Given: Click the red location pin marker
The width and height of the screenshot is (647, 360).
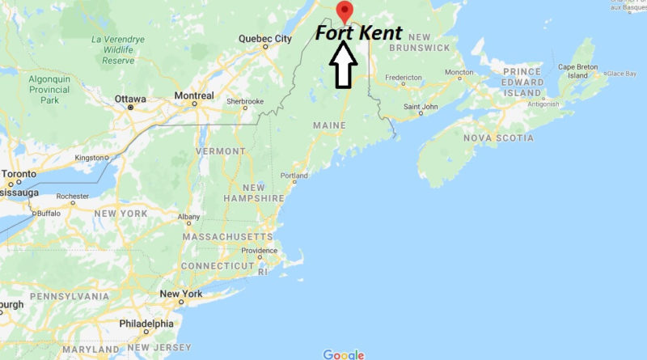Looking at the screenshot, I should click(345, 11).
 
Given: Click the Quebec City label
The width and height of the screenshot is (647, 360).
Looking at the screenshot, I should click(265, 38).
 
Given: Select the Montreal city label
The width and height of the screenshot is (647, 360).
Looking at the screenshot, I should click(194, 96).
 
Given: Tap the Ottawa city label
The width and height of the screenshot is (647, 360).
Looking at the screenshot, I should click(130, 99).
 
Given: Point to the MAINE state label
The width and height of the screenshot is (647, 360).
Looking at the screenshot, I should click(329, 125).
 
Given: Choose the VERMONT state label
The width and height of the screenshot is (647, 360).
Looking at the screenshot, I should click(220, 151).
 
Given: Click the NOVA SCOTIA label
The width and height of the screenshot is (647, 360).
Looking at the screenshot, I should click(498, 138).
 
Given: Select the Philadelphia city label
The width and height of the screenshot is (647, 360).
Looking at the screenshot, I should click(146, 324).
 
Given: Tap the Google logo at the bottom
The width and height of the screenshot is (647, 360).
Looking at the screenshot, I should click(344, 354).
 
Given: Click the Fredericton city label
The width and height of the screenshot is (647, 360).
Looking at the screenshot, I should click(404, 78).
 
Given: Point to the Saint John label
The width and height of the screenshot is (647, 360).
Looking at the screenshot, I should click(421, 106).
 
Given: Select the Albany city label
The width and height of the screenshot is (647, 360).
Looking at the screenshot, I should click(188, 217).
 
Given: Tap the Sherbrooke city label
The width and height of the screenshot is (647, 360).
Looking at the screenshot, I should click(245, 101).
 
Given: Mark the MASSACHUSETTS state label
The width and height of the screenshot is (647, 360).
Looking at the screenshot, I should click(227, 236).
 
